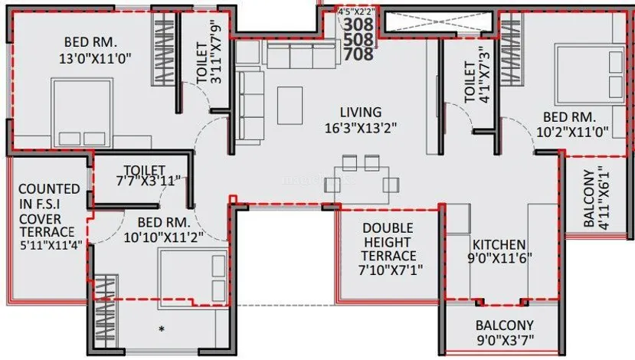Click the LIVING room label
(x=361, y=112)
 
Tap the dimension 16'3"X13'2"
(x=361, y=128)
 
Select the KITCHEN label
(x=499, y=244)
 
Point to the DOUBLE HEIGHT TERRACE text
(x=388, y=242)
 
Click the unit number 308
(x=358, y=25)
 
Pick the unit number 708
(x=358, y=54)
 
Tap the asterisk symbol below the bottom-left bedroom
(x=162, y=329)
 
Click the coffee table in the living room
(x=290, y=105)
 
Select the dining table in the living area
(x=362, y=185)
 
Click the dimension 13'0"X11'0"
(x=96, y=59)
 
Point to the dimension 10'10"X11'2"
(x=164, y=237)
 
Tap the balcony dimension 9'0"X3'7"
(x=505, y=340)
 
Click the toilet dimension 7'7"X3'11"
(x=148, y=181)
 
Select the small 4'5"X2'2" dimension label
(x=356, y=11)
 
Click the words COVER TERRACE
(x=47, y=225)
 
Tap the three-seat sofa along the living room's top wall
(x=301, y=54)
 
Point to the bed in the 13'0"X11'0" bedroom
(x=82, y=113)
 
